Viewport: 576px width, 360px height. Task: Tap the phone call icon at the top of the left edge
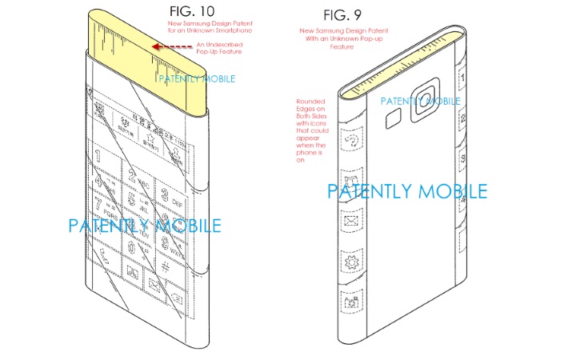click(x=350, y=141)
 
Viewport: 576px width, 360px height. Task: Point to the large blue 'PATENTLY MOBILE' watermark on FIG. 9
click(x=406, y=191)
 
